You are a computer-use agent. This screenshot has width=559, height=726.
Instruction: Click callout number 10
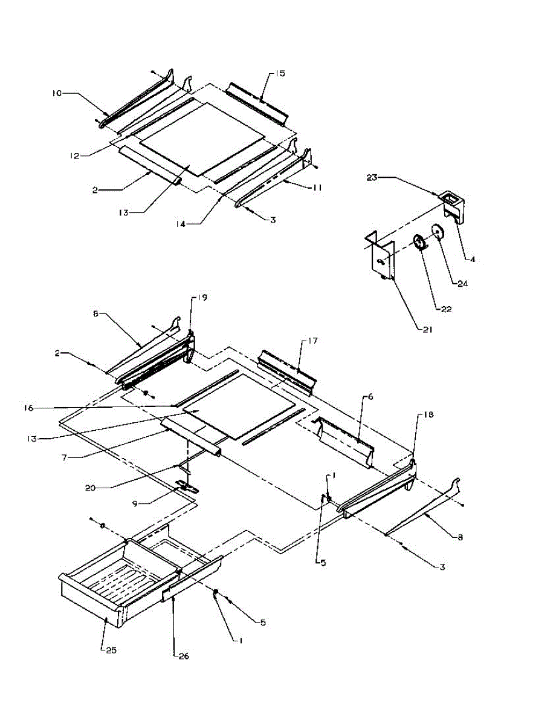[56, 93]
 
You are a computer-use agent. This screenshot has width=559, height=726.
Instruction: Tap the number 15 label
[280, 74]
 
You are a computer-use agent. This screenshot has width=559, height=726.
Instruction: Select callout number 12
[73, 155]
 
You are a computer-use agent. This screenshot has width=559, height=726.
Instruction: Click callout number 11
[317, 188]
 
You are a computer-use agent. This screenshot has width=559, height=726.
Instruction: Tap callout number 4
[473, 259]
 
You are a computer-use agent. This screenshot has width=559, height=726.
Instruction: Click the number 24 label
[464, 283]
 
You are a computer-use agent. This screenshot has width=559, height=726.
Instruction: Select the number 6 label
[370, 397]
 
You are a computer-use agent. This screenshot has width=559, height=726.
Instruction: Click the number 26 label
[181, 655]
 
